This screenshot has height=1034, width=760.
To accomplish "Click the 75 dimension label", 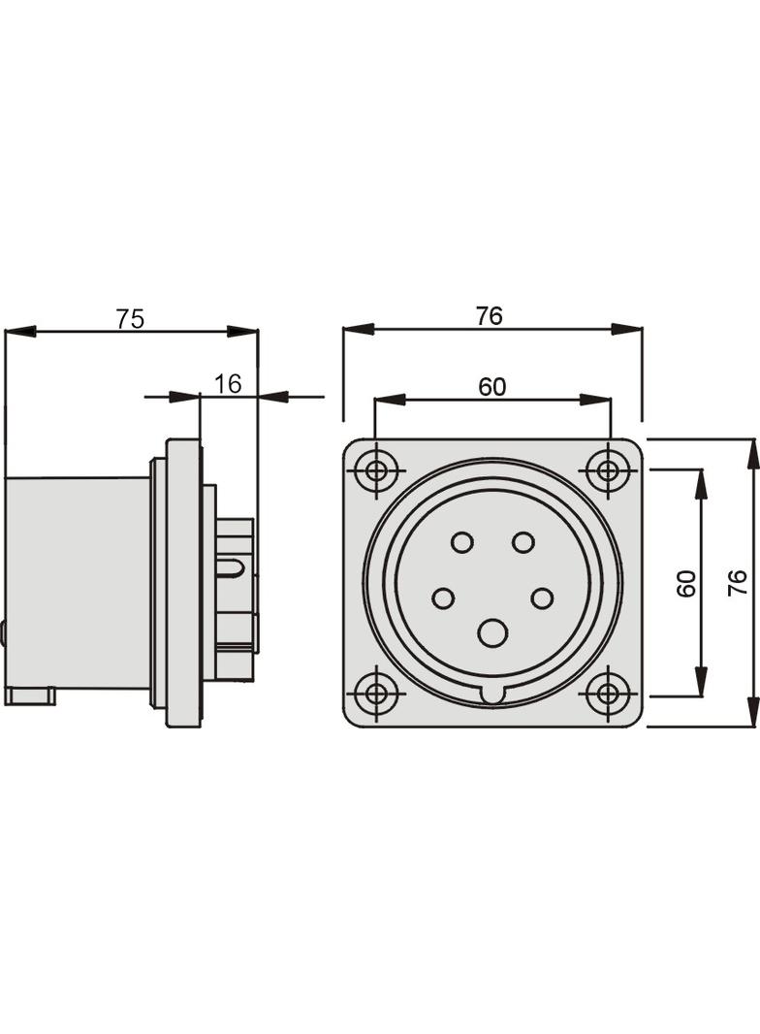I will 130,319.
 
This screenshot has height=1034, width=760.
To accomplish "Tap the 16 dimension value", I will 228,384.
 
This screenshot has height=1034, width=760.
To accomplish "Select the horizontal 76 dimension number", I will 490,316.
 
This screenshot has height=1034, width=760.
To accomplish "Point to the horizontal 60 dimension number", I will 491,387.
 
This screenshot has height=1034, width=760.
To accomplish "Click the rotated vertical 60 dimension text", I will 686,583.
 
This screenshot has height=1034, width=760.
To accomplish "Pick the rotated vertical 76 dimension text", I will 738,583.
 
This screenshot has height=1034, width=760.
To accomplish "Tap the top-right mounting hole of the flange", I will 608,472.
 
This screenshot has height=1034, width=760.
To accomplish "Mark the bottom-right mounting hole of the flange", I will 608,694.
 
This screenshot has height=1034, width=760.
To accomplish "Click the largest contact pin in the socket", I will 492,633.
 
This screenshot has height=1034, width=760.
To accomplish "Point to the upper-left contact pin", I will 462,542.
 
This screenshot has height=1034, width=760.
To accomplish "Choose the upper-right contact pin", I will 523,542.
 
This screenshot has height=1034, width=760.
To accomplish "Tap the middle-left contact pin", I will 443,598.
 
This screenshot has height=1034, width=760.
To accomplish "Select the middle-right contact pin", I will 542,598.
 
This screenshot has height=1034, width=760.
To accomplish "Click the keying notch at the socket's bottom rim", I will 492,695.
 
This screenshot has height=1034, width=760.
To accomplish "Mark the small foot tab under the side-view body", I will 29,695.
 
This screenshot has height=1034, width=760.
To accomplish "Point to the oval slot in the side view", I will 233,568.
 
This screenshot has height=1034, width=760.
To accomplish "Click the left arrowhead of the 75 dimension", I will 20,332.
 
